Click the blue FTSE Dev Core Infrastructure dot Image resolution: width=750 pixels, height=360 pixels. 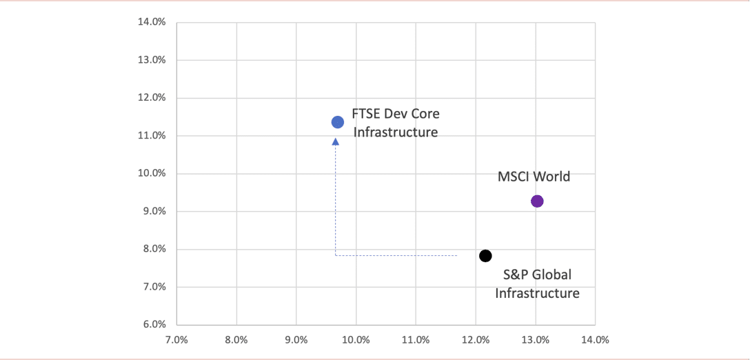338,122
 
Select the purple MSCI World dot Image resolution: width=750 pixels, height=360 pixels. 537,201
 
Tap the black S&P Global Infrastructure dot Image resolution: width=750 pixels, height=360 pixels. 485,256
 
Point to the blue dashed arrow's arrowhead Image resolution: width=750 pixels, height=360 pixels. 336,141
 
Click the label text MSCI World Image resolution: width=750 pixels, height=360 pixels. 534,177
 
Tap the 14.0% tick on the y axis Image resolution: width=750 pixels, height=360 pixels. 152,22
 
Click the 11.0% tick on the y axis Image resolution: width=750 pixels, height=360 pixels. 152,136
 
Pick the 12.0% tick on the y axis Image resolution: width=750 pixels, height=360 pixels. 152,98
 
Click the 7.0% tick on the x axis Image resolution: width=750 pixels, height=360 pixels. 176,340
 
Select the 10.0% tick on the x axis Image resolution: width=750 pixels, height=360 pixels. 356,340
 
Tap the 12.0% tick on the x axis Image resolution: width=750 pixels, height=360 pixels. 476,340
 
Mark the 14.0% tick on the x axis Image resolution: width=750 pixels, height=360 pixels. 595,340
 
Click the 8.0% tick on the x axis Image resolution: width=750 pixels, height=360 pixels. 236,340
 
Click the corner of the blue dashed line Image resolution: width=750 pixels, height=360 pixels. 336,256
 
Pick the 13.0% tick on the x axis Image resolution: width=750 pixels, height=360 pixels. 536,340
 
